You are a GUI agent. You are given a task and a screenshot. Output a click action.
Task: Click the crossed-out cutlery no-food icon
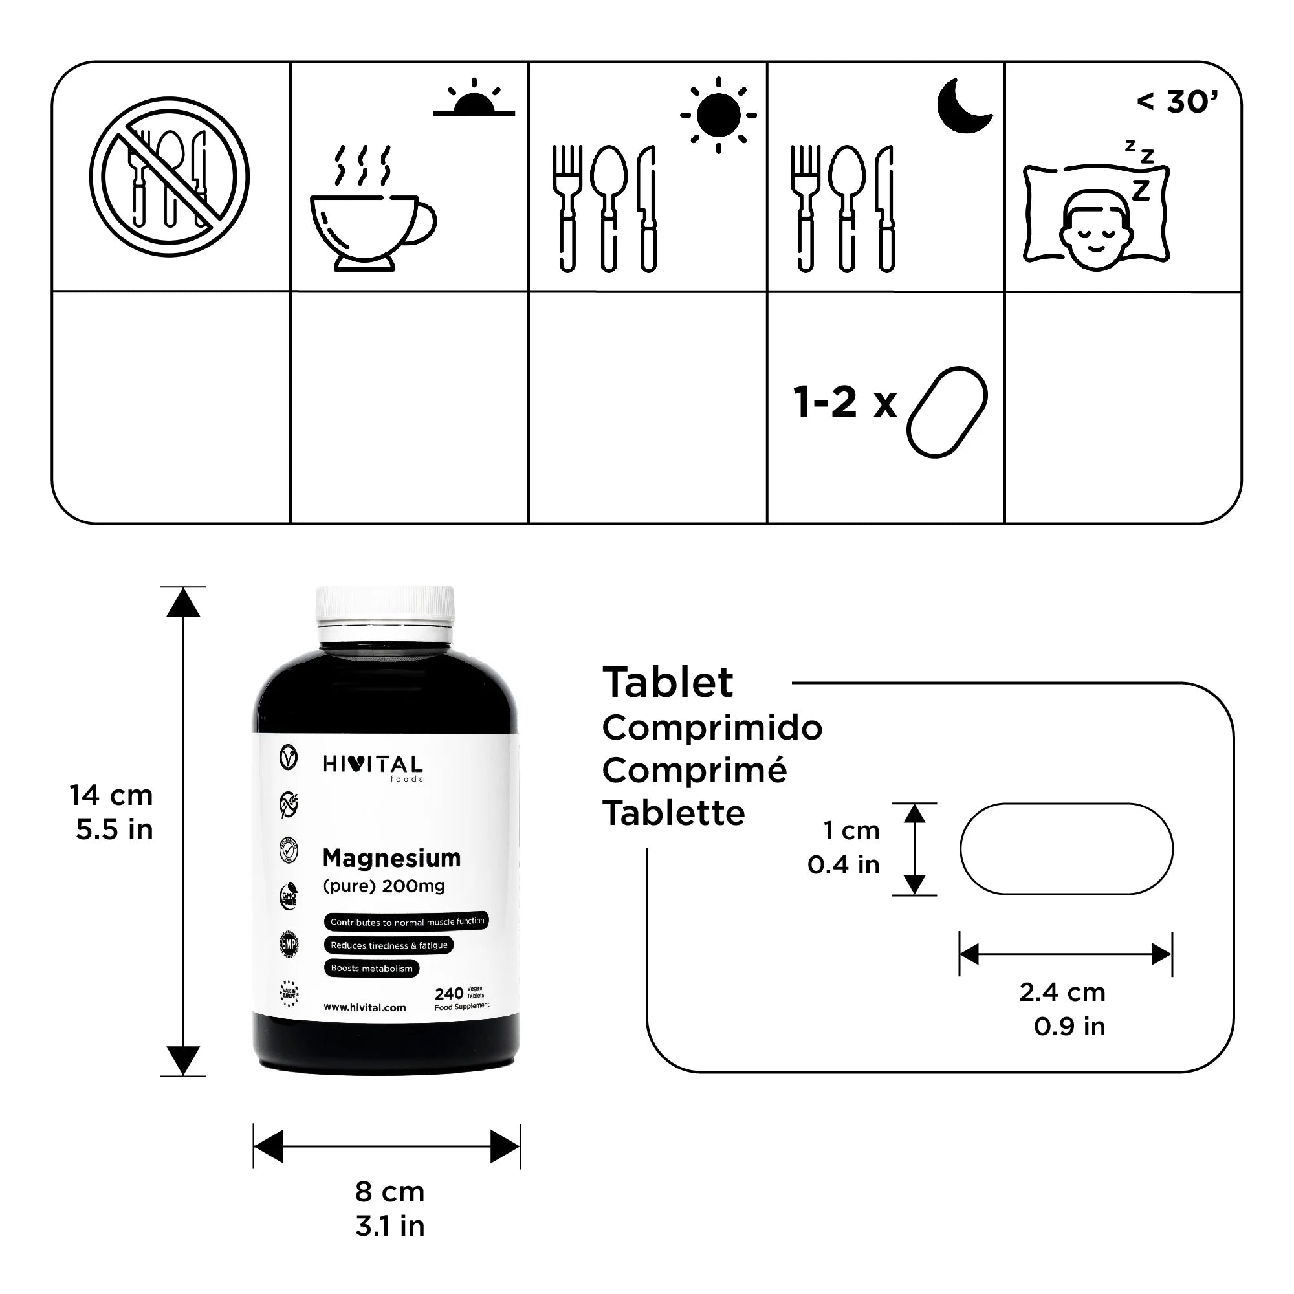[x=170, y=176]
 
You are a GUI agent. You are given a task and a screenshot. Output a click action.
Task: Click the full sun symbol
[x=718, y=115]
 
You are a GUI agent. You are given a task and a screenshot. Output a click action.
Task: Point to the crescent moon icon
[x=962, y=106]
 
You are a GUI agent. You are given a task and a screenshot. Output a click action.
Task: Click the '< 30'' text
[x=1178, y=102]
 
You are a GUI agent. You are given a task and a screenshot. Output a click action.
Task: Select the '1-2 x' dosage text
[x=844, y=403]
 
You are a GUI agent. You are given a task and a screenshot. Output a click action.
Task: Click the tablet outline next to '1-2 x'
[x=947, y=412]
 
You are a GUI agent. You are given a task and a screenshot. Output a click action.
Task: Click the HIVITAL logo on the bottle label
[x=373, y=765]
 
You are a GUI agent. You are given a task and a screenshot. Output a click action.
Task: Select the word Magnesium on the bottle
[x=391, y=858]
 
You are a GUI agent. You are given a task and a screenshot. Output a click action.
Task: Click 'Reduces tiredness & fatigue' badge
[x=388, y=945]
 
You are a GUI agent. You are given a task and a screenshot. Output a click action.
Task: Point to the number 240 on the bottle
[x=448, y=994]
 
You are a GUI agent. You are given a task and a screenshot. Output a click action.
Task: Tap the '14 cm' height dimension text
[x=111, y=796]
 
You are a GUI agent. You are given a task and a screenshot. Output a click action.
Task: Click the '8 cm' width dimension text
[x=389, y=1192]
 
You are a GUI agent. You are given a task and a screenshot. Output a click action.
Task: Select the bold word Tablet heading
[x=668, y=683]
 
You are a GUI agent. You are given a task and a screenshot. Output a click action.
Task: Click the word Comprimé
[x=694, y=770]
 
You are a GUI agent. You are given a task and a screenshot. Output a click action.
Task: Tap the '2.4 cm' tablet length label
[x=1062, y=992]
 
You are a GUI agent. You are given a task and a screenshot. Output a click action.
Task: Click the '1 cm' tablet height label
[x=851, y=831]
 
